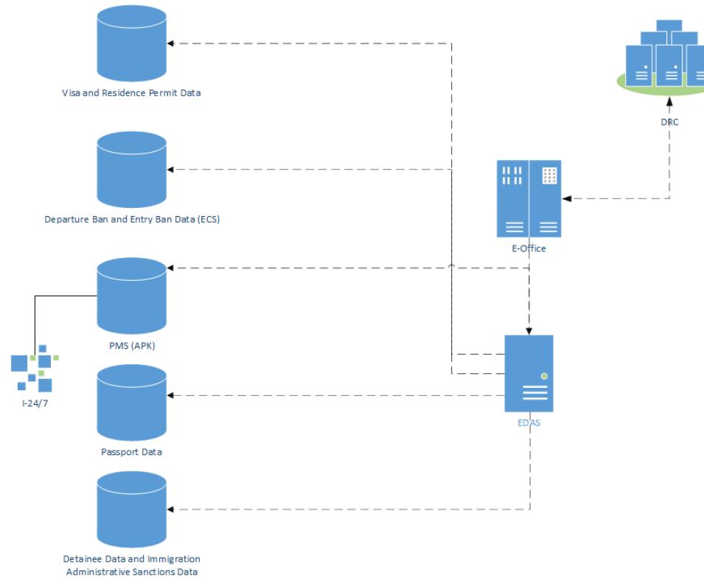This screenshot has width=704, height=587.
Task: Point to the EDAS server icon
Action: (x=529, y=373)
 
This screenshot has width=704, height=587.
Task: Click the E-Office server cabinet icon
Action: (x=529, y=199)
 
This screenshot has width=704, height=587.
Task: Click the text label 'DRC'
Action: (x=669, y=122)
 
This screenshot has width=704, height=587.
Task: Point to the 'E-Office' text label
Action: (x=529, y=249)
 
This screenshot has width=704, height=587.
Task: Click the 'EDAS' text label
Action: (x=529, y=423)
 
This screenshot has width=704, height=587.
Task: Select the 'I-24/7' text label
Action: (x=35, y=403)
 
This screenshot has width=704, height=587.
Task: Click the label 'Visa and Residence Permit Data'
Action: (x=131, y=94)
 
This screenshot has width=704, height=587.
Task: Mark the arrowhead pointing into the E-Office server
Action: (x=565, y=198)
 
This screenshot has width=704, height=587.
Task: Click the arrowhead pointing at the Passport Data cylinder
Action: (x=171, y=396)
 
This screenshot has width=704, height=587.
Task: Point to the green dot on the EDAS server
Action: (x=544, y=375)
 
